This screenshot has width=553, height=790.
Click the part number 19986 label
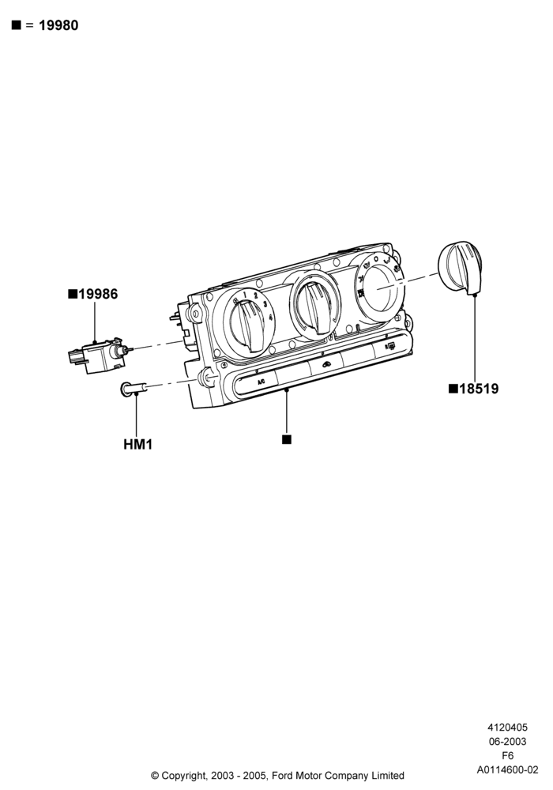click(x=98, y=294)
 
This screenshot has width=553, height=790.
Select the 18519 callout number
click(x=479, y=389)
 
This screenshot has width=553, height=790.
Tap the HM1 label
click(x=138, y=444)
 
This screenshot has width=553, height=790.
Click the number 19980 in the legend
click(x=58, y=25)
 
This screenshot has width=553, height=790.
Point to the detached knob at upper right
click(x=460, y=267)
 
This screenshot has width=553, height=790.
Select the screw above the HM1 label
click(x=134, y=389)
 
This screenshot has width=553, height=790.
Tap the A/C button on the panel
click(x=261, y=382)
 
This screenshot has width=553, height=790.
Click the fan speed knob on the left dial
click(x=248, y=325)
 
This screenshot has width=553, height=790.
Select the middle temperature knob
click(x=314, y=307)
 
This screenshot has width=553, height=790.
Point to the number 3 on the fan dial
click(x=265, y=304)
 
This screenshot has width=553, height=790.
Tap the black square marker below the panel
click(x=287, y=439)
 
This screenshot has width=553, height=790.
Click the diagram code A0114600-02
click(x=508, y=769)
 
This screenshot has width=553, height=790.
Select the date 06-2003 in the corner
click(x=508, y=742)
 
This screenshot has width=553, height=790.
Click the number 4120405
click(x=508, y=728)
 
